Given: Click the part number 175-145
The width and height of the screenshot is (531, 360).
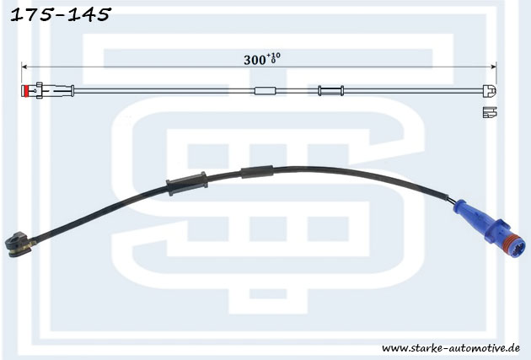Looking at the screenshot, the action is (x=61, y=15).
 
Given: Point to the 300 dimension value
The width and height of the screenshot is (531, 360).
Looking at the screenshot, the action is (x=255, y=61).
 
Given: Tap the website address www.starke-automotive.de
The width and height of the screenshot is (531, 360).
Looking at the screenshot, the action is (x=451, y=348).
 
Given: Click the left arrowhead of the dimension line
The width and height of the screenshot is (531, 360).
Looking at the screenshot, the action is (x=24, y=67).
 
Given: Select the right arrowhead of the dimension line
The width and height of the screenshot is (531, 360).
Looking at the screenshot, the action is (x=494, y=67).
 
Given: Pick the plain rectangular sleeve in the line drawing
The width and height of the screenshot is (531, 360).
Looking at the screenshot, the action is (x=265, y=91).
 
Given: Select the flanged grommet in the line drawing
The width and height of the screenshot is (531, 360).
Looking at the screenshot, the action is (x=331, y=91).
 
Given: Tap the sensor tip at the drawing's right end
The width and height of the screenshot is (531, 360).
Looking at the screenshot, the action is (x=490, y=91).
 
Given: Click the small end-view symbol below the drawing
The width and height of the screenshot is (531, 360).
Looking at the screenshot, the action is (x=490, y=112).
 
